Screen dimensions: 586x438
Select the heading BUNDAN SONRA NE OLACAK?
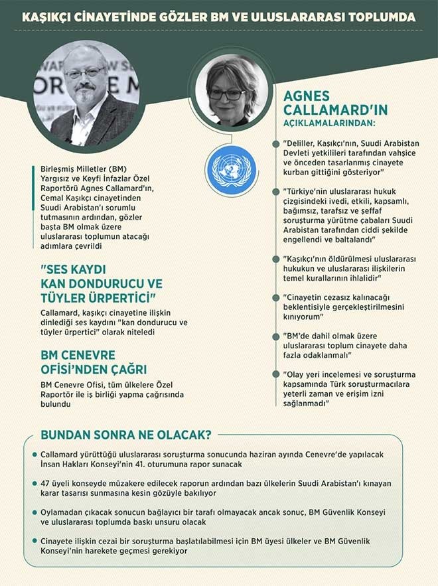click(126, 435)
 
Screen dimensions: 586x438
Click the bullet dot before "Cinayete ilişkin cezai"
click(35, 541)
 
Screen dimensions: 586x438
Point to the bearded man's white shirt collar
click(82, 119)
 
